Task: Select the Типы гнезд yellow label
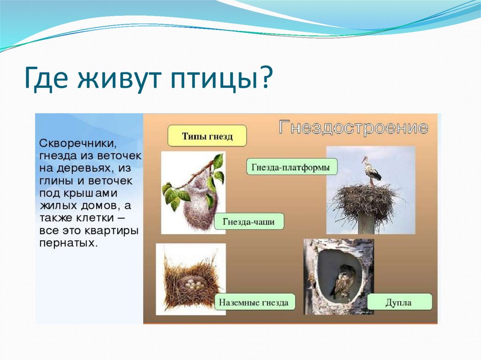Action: pos(207,136)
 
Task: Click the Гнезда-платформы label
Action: pos(291,167)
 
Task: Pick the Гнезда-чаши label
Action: pos(249,222)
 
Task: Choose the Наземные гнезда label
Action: pos(254,302)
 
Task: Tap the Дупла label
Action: pos(399,302)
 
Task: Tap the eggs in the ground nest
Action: pos(192,284)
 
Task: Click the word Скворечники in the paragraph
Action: pos(78,144)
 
